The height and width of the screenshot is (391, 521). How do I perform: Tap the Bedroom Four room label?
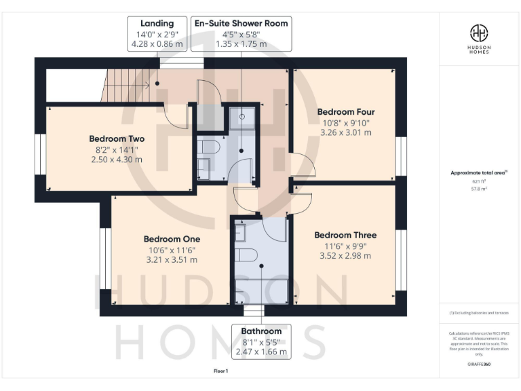click(346, 112)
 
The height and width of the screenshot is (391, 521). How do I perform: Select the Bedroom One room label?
click(172, 239)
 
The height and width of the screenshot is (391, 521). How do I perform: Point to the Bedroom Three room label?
click(345, 235)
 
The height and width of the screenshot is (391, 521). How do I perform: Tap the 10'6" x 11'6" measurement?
click(172, 249)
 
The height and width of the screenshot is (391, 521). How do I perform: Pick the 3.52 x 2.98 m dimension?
click(345, 256)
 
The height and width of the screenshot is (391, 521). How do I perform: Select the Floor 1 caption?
click(221, 371)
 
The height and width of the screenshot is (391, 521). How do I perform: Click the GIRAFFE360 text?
click(478, 365)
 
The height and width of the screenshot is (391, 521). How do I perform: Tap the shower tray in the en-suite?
click(242, 118)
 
